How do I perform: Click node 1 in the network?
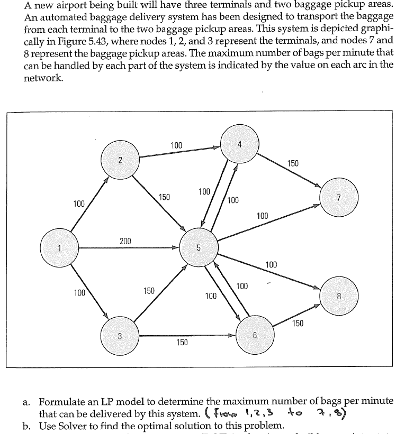[61, 247]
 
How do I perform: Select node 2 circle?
[120, 160]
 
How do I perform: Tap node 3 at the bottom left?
[120, 335]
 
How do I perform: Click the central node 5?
[198, 247]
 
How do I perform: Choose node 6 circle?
[254, 335]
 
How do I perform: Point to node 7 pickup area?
[340, 198]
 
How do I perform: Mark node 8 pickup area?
[340, 296]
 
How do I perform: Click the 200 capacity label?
[125, 241]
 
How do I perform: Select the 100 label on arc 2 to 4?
[177, 145]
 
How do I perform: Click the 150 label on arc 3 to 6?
[182, 343]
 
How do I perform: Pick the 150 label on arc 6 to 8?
[298, 324]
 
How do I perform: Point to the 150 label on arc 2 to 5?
[164, 197]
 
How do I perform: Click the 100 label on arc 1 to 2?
[79, 204]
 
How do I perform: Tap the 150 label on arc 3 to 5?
[149, 291]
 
